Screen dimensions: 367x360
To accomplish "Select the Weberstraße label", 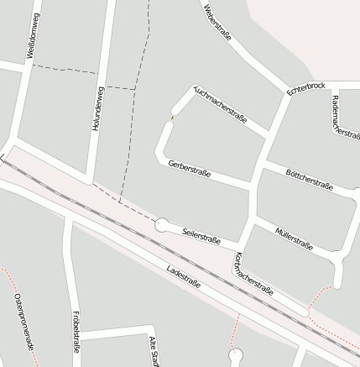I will point(217,20).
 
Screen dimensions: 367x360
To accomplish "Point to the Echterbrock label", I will point(305,87).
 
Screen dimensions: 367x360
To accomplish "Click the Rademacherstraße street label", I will point(346,116).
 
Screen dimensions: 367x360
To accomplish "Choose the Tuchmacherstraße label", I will point(220,104).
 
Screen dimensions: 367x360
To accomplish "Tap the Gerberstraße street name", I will point(189,169).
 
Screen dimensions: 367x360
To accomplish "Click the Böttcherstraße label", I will point(310,179).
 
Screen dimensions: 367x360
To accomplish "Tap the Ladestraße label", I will point(184,276).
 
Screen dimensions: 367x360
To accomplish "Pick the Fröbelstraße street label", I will point(75,333).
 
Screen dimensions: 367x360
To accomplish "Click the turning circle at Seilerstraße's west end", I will point(161,224).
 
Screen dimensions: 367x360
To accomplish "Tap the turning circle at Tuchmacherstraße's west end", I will point(177,108).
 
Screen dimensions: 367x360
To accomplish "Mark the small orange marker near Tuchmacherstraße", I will point(172,118).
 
